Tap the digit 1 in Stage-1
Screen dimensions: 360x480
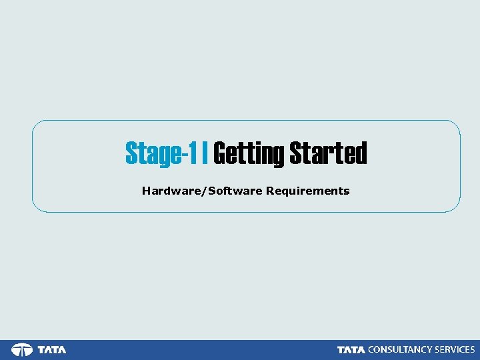(193, 153)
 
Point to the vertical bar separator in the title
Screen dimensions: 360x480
(205, 153)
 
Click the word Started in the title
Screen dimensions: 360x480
(328, 153)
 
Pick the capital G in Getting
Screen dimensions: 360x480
(219, 153)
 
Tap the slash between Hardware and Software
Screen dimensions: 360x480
(205, 191)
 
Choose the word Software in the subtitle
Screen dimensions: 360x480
(235, 191)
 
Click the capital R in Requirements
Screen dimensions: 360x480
(269, 191)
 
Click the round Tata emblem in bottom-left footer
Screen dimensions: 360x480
(22, 350)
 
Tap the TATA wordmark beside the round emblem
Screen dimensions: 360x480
(52, 350)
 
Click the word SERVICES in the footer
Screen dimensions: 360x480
(454, 350)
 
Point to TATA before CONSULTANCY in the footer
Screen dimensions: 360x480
(351, 350)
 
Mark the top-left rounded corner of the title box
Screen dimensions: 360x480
(36, 124)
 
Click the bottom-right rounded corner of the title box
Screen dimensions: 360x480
(457, 208)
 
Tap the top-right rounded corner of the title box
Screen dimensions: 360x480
(457, 124)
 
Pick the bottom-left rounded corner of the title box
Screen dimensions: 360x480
(36, 208)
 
